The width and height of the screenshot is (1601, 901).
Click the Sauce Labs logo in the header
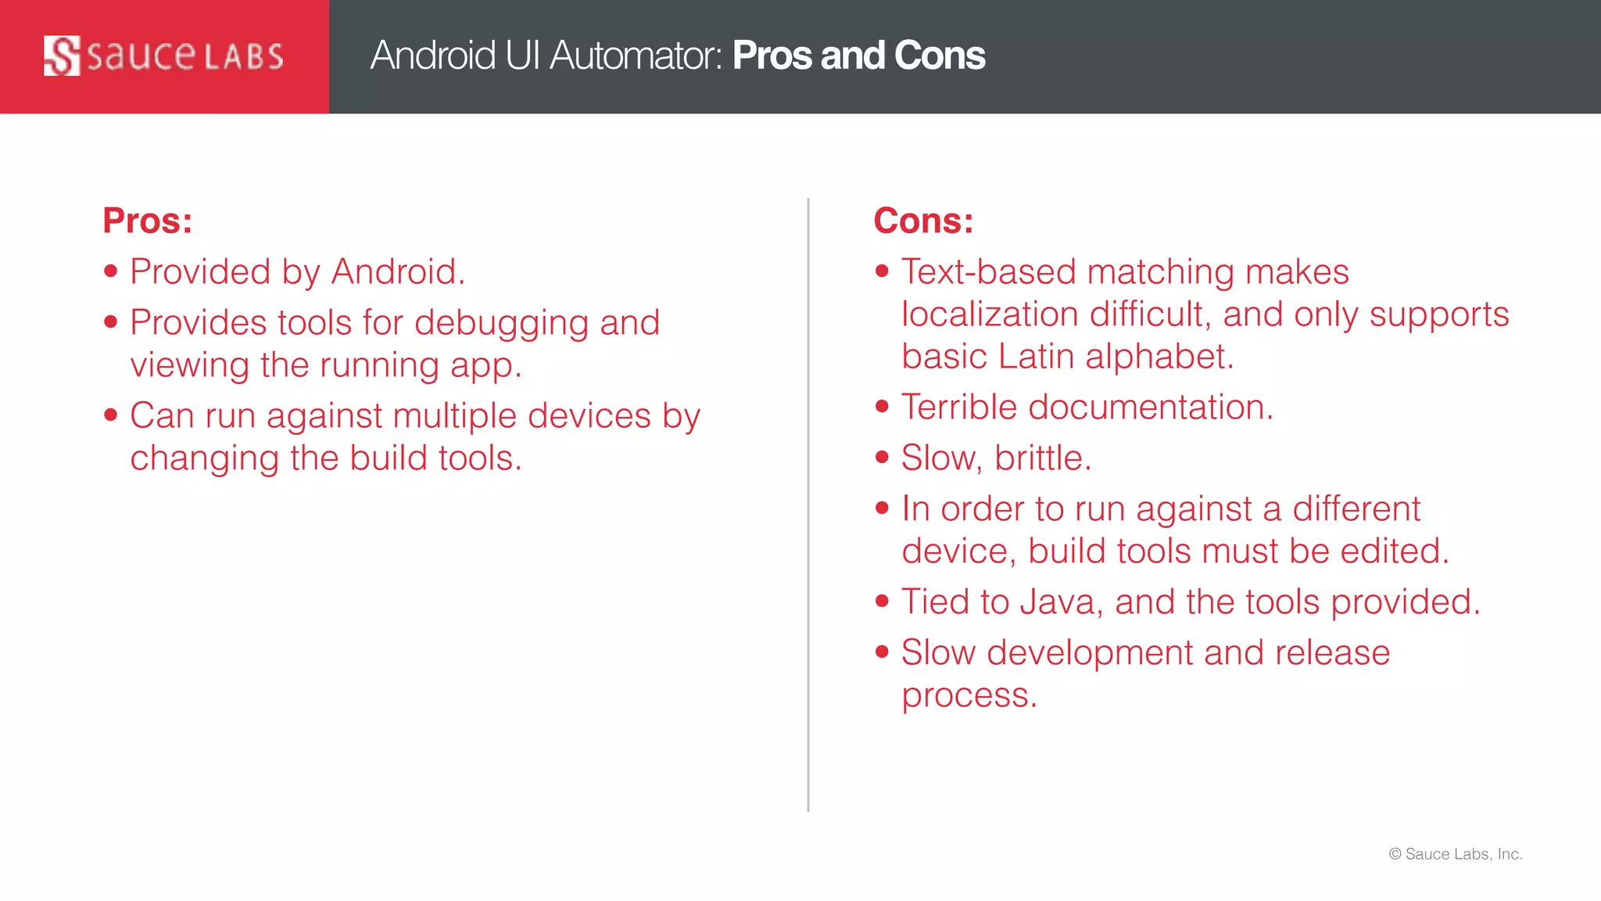point(163,56)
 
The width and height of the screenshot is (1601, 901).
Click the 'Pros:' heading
point(147,221)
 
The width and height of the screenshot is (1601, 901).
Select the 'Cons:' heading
point(923,221)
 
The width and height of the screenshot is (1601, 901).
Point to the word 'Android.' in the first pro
point(398,272)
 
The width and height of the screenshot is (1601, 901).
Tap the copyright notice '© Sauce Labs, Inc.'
point(1456,854)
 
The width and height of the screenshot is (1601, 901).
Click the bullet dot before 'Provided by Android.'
point(111,271)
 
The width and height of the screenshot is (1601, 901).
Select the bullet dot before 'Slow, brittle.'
point(883,457)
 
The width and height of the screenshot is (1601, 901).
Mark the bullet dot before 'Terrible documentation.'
point(883,406)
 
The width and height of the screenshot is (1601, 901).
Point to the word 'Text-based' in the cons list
point(989,272)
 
